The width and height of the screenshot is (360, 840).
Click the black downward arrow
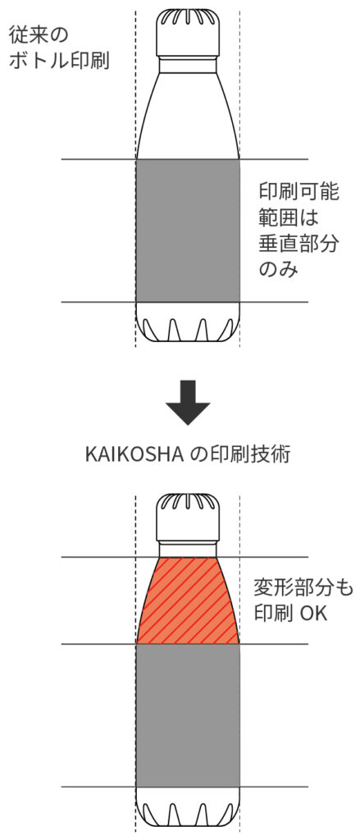click(x=187, y=402)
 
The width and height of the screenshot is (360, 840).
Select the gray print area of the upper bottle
click(x=188, y=231)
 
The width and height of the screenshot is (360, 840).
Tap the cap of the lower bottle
click(x=188, y=518)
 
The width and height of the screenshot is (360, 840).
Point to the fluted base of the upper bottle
click(x=188, y=322)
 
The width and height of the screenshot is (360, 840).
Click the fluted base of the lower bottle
click(x=188, y=806)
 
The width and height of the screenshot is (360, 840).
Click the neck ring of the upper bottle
click(x=188, y=64)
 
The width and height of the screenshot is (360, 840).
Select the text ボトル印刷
click(x=59, y=61)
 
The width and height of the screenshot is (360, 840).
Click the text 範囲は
click(x=289, y=218)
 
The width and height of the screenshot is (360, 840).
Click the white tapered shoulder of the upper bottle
click(x=188, y=116)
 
